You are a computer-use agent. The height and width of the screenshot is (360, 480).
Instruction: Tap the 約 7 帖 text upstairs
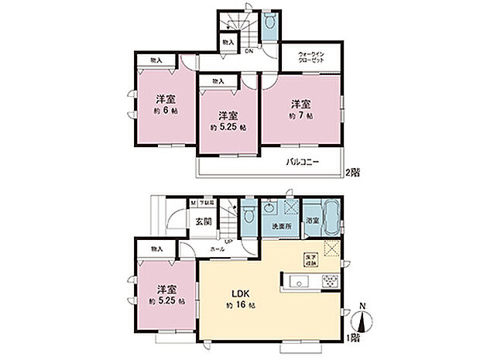[301, 115]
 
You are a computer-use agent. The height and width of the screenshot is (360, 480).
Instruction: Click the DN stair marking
[249, 53]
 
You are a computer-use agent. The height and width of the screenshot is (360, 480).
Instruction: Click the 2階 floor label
[353, 170]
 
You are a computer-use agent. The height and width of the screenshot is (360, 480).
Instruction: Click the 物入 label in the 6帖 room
[156, 60]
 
